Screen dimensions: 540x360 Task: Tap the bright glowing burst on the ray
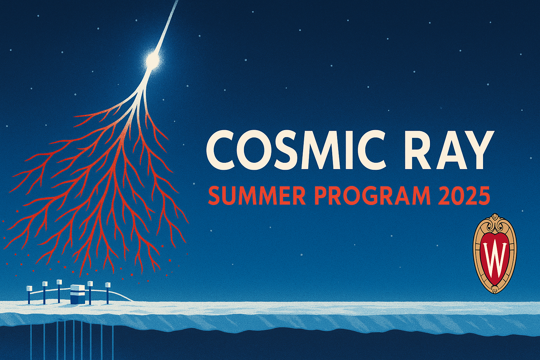152,59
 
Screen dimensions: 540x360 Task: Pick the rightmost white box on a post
108,285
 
